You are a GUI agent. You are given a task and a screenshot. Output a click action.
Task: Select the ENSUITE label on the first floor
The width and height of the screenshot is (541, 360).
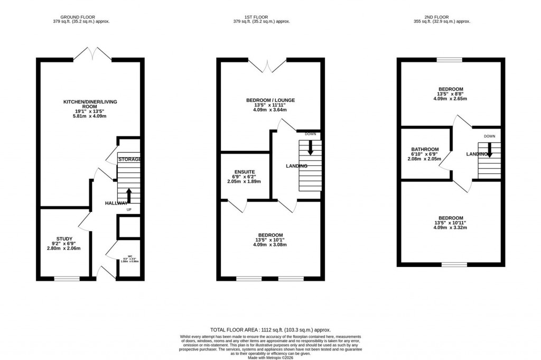(x=245, y=172)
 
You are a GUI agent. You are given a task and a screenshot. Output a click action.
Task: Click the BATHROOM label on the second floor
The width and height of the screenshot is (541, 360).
(x=425, y=149)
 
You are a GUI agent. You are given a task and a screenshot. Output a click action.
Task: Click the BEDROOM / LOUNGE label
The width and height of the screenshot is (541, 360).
(x=270, y=100)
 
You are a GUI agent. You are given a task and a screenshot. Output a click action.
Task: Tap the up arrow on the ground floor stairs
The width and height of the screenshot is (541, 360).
(x=128, y=195)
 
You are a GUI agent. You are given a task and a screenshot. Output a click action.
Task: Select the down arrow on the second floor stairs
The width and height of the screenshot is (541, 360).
(x=489, y=150)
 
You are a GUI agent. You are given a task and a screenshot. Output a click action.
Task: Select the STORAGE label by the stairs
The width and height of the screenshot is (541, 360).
(x=129, y=159)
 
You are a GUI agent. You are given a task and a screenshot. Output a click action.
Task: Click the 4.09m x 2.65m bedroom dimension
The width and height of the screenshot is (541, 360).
(x=450, y=98)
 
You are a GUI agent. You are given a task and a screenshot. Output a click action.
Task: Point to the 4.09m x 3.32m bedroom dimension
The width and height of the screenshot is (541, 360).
(x=450, y=227)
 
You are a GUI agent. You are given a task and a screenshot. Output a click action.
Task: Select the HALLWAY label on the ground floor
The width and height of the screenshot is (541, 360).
(x=116, y=204)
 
